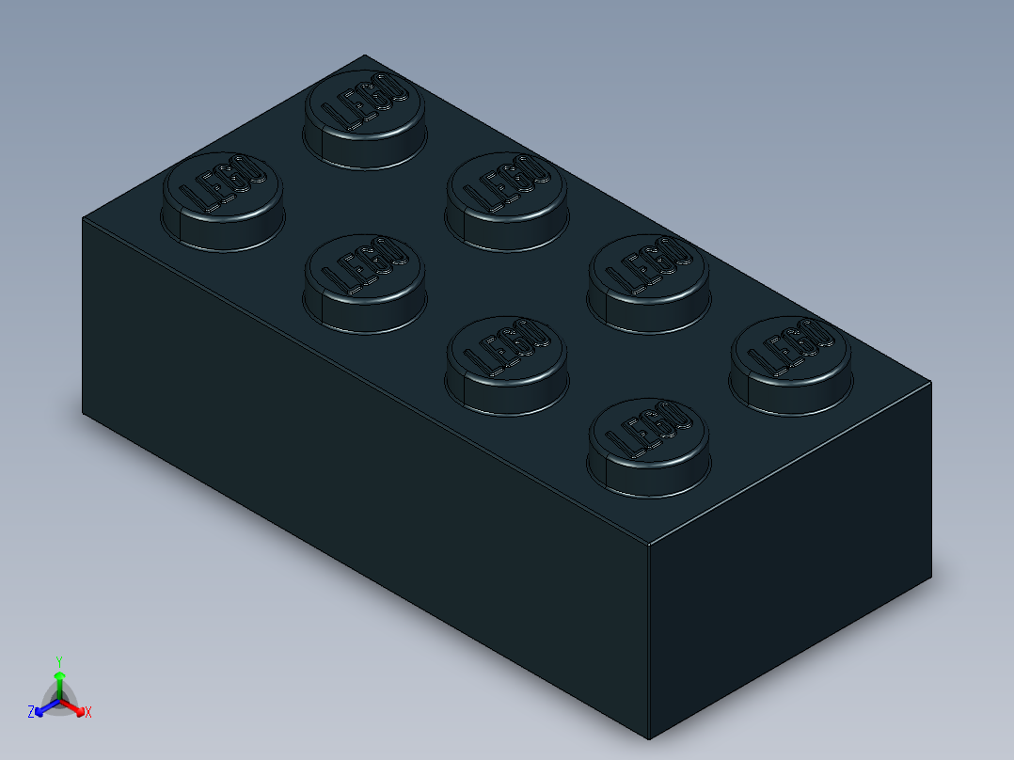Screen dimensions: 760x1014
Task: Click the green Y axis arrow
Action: (59, 679)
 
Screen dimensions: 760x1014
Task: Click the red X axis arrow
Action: (78, 709)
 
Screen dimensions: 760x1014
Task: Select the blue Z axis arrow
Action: (40, 709)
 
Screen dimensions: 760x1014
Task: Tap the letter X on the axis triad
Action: (88, 713)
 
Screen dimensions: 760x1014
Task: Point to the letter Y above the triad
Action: (59, 661)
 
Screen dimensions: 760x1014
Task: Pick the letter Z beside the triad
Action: (31, 712)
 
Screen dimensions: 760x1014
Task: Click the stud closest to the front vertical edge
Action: (648, 447)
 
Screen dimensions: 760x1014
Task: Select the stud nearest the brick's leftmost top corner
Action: (222, 200)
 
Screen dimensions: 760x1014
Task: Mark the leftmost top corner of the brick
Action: (83, 218)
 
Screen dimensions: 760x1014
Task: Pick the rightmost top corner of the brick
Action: (931, 383)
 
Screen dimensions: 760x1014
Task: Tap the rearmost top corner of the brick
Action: (364, 55)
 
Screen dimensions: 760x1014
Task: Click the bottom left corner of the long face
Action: (83, 413)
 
